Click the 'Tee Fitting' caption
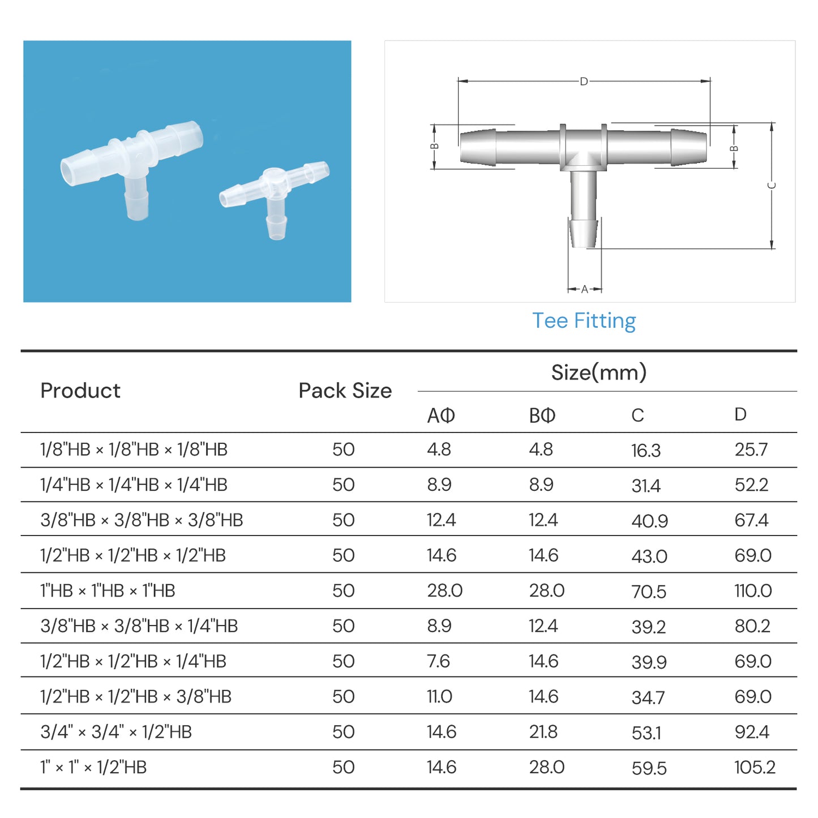click(x=584, y=321)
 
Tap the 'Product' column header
click(x=80, y=391)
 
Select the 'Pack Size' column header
click(x=345, y=391)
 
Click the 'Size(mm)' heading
click(x=598, y=372)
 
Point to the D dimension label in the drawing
click(x=584, y=82)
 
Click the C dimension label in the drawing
click(x=772, y=186)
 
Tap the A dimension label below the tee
click(x=585, y=289)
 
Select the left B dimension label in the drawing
click(x=434, y=147)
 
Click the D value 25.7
click(x=751, y=449)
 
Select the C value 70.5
click(x=649, y=592)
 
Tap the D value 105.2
click(x=755, y=768)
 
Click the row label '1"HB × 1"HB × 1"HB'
click(x=108, y=591)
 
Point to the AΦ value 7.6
click(x=438, y=661)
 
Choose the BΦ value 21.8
click(x=543, y=732)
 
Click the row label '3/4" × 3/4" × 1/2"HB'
click(x=116, y=732)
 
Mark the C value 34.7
click(x=648, y=697)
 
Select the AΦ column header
click(x=440, y=416)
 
